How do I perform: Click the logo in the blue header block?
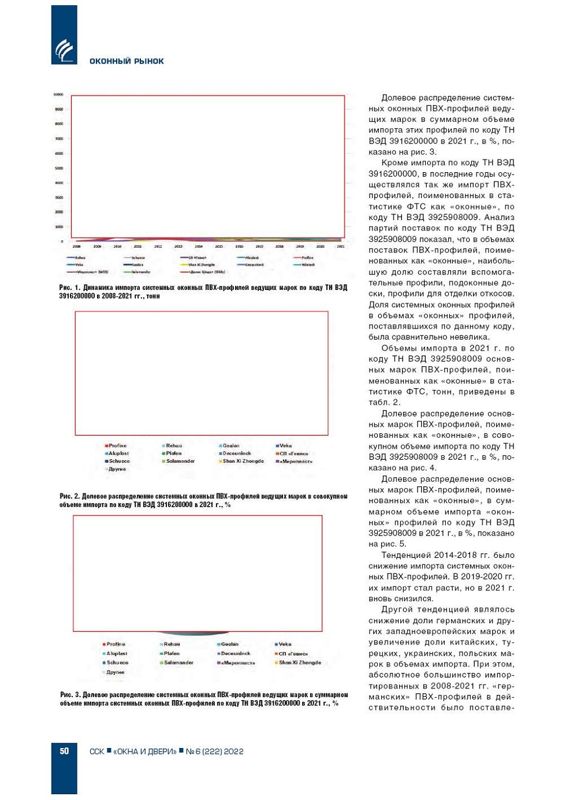pyautogui.click(x=64, y=51)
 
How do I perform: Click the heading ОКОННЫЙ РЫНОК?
pyautogui.click(x=126, y=61)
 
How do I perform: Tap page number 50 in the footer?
pyautogui.click(x=64, y=751)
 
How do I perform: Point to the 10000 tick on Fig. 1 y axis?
pyautogui.click(x=58, y=94)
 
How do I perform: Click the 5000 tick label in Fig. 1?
pyautogui.click(x=59, y=168)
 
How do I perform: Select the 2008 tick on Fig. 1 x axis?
pyautogui.click(x=76, y=247)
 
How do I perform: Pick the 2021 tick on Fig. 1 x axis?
pyautogui.click(x=341, y=247)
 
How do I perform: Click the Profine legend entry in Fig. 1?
pyautogui.click(x=307, y=258)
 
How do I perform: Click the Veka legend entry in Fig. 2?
pyautogui.click(x=285, y=446)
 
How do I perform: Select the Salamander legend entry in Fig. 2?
pyautogui.click(x=180, y=462)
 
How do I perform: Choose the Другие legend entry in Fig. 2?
pyautogui.click(x=117, y=469)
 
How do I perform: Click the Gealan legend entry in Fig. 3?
pyautogui.click(x=229, y=644)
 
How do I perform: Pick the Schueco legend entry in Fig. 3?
pyautogui.click(x=117, y=663)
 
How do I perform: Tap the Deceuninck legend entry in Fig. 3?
pyautogui.click(x=236, y=653)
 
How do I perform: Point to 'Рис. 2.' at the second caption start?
pyautogui.click(x=70, y=496)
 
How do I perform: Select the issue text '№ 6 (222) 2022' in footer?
pyautogui.click(x=214, y=751)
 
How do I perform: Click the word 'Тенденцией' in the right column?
pyautogui.click(x=407, y=555)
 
